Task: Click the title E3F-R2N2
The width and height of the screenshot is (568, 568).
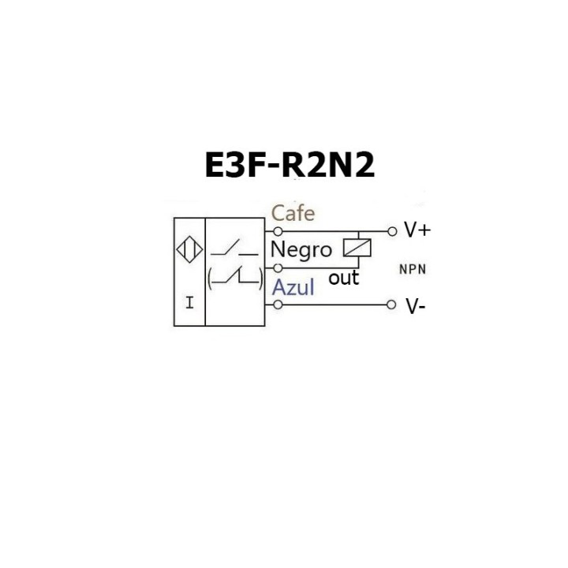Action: click(x=290, y=165)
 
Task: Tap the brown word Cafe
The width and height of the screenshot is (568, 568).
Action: click(x=293, y=213)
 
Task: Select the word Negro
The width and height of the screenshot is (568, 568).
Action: click(x=301, y=250)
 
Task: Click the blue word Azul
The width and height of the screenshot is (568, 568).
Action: click(x=293, y=288)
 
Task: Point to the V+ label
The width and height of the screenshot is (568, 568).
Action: click(x=417, y=230)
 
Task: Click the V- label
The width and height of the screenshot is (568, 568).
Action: click(x=416, y=307)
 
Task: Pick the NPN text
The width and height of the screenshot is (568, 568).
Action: click(x=413, y=269)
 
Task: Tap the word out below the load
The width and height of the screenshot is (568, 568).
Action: click(x=343, y=278)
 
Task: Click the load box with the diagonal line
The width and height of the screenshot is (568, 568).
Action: click(x=357, y=248)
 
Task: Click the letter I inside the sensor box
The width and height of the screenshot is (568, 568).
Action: click(x=189, y=302)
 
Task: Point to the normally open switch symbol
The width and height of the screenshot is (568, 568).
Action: click(x=234, y=250)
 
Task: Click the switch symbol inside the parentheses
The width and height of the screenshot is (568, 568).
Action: click(x=235, y=277)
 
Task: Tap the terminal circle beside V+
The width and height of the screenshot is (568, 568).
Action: click(x=392, y=231)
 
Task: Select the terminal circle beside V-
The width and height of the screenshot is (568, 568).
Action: click(x=392, y=305)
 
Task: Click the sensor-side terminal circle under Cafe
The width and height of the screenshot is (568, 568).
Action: click(x=278, y=231)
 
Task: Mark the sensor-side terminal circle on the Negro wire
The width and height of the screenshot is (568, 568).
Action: click(x=278, y=268)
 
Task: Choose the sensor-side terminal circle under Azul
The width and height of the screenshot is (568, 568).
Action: click(x=278, y=305)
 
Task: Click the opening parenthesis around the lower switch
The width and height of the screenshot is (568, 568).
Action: click(x=210, y=277)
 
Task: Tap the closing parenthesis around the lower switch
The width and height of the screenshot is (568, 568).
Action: click(x=260, y=277)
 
